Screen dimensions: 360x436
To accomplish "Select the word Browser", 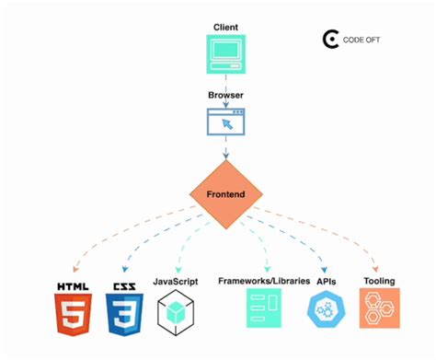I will (x=225, y=95).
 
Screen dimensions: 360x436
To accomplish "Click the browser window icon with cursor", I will (x=225, y=122).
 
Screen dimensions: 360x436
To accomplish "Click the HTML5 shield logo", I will (x=72, y=316).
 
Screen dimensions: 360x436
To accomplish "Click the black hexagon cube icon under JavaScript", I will (x=175, y=314).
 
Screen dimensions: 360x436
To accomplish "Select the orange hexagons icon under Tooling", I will (x=378, y=309).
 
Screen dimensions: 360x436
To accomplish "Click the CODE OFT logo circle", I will (x=331, y=40).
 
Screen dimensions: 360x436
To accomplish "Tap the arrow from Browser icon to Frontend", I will (x=225, y=149).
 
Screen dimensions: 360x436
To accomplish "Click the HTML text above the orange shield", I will (x=72, y=286).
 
